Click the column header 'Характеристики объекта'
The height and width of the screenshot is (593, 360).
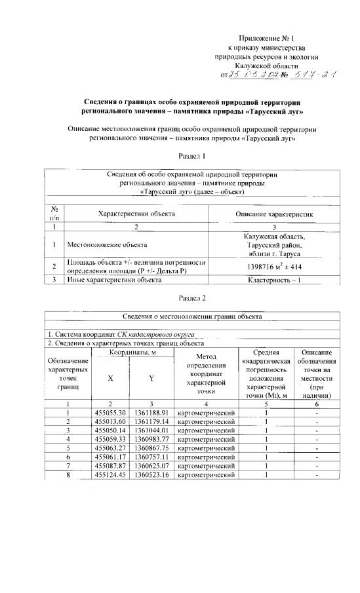tap(136, 214)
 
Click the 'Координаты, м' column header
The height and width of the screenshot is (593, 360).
tap(132, 352)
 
